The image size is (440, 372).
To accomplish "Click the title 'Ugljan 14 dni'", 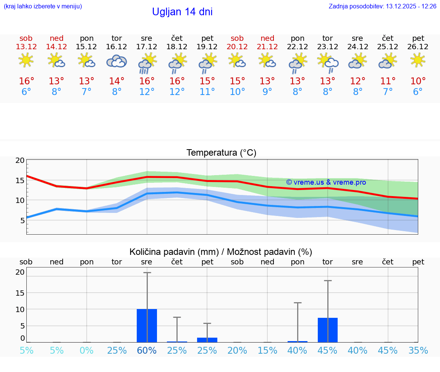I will tap(182, 12).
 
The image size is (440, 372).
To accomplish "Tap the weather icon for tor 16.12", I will tap(116, 61).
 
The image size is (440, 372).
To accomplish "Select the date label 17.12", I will tap(147, 47).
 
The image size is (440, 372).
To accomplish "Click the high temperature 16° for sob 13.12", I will tap(26, 81).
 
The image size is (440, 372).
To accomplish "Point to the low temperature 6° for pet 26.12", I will tap(418, 92).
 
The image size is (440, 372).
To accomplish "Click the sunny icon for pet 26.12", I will tap(418, 60).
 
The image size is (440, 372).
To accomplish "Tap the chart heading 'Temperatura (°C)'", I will tap(221, 153).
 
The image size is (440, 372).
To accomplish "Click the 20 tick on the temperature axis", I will tap(20, 160).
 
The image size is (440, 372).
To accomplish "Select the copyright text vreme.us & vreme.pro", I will tap(326, 182).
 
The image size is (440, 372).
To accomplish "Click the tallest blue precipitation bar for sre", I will tap(147, 325).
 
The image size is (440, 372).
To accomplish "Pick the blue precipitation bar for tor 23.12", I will tap(327, 330).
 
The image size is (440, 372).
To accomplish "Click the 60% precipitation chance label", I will tap(147, 350).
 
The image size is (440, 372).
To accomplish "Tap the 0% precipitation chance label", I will tap(87, 350).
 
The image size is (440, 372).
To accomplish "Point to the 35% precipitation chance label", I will tap(418, 350).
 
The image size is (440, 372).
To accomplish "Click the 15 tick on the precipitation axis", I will tap(20, 293).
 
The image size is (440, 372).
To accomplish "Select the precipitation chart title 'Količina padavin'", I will tap(174, 252).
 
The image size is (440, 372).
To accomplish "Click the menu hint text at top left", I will tap(43, 6).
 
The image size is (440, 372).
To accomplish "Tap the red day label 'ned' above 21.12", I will tap(267, 38).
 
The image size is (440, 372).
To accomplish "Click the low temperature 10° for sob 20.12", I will tap(237, 92).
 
